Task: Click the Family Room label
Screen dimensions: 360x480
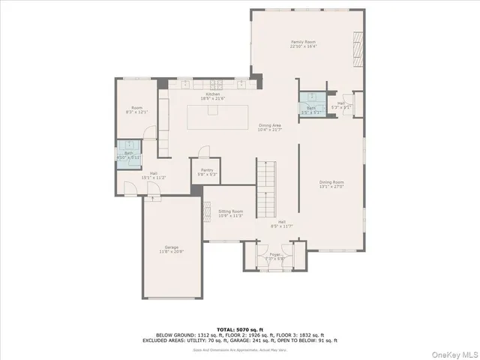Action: click(x=303, y=43)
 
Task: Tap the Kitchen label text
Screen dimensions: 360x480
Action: click(x=209, y=96)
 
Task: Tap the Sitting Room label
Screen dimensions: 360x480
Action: click(x=230, y=214)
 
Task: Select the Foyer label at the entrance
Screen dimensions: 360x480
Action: click(x=274, y=256)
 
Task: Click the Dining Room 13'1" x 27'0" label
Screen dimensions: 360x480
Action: click(x=331, y=184)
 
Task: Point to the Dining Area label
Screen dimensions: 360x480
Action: click(x=270, y=127)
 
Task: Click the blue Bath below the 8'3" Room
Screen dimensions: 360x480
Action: click(x=127, y=153)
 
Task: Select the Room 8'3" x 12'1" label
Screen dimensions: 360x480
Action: click(x=137, y=110)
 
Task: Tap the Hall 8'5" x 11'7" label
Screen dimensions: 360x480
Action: click(x=281, y=223)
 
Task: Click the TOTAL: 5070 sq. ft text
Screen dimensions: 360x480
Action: click(x=241, y=328)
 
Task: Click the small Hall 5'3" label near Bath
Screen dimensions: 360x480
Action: click(x=341, y=105)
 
